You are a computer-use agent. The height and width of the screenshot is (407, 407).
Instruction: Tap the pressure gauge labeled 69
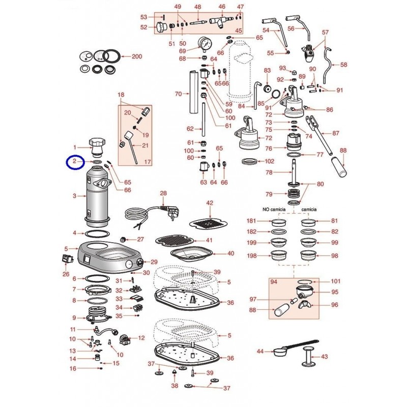205,44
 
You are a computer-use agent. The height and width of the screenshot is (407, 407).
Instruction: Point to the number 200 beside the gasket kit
137,56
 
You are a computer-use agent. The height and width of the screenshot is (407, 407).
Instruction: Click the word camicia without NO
309,209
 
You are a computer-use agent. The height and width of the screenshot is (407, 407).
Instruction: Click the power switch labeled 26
66,259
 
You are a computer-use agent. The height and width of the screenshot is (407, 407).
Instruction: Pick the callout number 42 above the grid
210,202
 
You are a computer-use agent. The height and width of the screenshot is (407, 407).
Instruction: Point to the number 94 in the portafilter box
274,282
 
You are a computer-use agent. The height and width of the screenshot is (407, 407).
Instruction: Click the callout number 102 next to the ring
269,161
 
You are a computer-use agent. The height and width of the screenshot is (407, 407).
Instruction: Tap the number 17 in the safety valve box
148,162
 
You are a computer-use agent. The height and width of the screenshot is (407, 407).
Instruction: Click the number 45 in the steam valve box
238,31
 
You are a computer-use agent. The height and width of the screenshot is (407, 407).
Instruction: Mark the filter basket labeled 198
279,255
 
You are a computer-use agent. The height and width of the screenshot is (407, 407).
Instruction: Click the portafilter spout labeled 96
304,305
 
